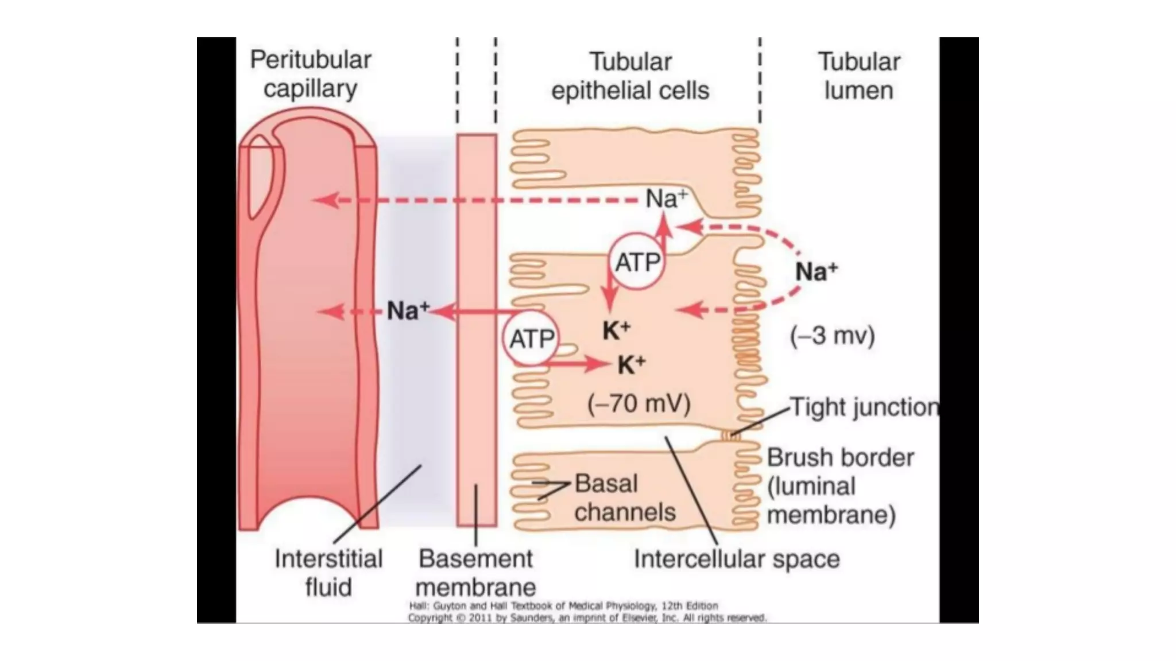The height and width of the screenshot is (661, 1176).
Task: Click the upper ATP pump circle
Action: pyautogui.click(x=636, y=262)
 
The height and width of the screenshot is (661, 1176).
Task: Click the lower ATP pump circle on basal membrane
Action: pyautogui.click(x=532, y=339)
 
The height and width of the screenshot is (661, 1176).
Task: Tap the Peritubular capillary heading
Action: pyautogui.click(x=310, y=74)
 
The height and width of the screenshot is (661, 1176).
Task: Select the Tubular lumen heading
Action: pyautogui.click(x=858, y=76)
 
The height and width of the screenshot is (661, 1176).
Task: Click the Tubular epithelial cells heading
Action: pyautogui.click(x=630, y=76)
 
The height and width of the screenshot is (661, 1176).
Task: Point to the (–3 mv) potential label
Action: pyautogui.click(x=832, y=335)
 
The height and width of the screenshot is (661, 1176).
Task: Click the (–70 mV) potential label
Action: pyautogui.click(x=639, y=403)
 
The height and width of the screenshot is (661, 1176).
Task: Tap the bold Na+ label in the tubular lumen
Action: pyautogui.click(x=816, y=271)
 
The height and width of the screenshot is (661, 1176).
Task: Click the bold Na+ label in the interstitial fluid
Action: pyautogui.click(x=407, y=310)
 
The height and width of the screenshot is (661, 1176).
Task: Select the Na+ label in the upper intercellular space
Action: pyautogui.click(x=666, y=199)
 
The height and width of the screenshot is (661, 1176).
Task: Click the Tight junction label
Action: pyautogui.click(x=864, y=407)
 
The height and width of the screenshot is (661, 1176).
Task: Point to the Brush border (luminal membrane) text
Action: pyautogui.click(x=840, y=485)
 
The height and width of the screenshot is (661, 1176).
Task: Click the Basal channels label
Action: pyautogui.click(x=624, y=497)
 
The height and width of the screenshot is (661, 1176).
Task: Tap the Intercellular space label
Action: pyautogui.click(x=736, y=558)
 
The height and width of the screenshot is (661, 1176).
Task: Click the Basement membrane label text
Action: pyautogui.click(x=475, y=572)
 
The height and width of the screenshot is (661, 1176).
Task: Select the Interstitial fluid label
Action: pyautogui.click(x=328, y=572)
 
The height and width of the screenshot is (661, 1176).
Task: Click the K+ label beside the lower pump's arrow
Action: pyautogui.click(x=632, y=364)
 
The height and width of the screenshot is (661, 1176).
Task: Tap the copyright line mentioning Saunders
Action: pyautogui.click(x=587, y=618)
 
